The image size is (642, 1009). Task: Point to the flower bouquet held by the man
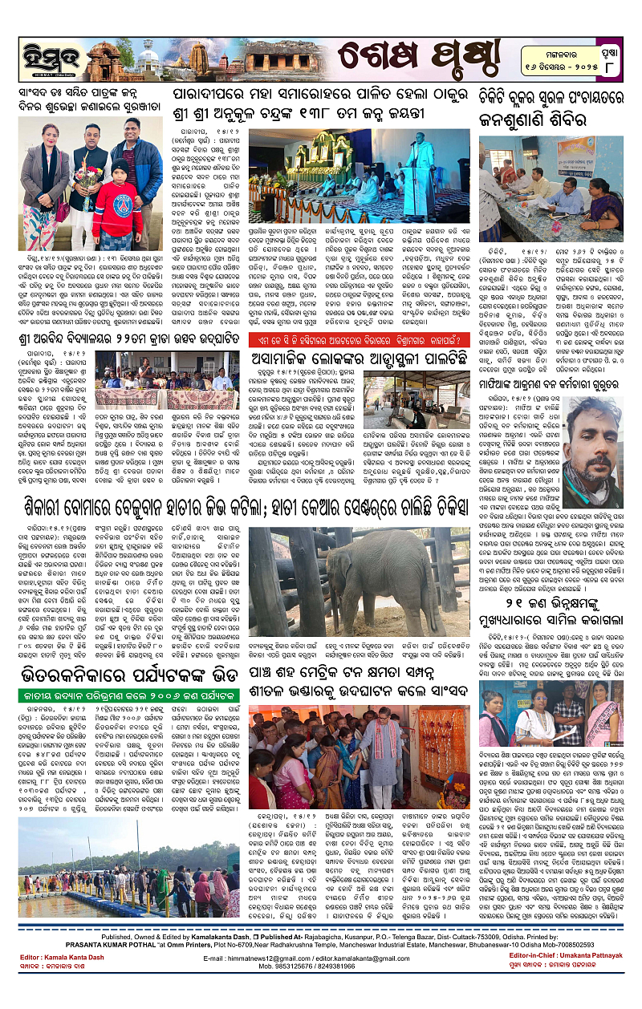point(88,175)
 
